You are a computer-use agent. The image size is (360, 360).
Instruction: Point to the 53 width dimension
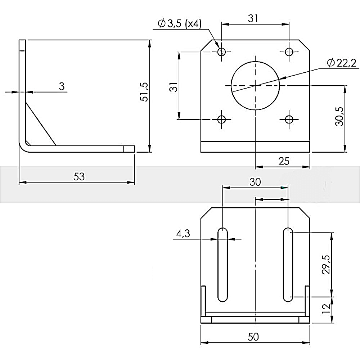tap(79, 176)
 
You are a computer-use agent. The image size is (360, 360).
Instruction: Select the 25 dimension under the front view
tap(284, 161)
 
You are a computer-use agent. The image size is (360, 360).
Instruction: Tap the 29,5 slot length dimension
tap(326, 265)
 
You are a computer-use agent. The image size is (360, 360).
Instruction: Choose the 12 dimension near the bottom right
tap(325, 309)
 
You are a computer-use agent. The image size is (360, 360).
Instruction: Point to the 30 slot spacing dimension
tap(255, 182)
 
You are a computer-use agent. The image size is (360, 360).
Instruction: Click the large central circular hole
tap(255, 85)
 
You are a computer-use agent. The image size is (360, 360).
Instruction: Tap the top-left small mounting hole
tap(221, 52)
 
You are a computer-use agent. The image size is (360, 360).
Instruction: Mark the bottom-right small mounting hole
tap(289, 119)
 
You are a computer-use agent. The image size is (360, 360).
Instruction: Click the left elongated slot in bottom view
tap(223, 265)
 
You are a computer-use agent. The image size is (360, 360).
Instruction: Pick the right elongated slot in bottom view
tap(287, 265)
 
